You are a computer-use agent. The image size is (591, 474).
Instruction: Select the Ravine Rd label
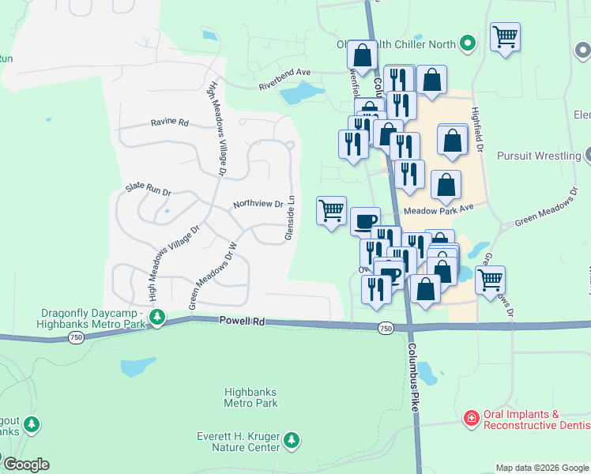pos(170,123)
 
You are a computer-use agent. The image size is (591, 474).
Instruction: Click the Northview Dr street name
pos(258,204)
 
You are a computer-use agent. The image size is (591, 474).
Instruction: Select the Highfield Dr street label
pos(476,130)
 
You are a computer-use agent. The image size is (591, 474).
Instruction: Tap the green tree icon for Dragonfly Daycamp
pos(157,318)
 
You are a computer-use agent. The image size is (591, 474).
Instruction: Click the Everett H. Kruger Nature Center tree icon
pos(292,439)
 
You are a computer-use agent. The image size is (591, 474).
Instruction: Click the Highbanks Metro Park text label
pos(250,397)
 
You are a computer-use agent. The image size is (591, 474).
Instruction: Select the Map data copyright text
pos(542,468)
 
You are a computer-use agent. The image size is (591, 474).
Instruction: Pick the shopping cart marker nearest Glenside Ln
pos(331,211)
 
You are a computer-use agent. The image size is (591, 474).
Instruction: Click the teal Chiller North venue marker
pos(468,43)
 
